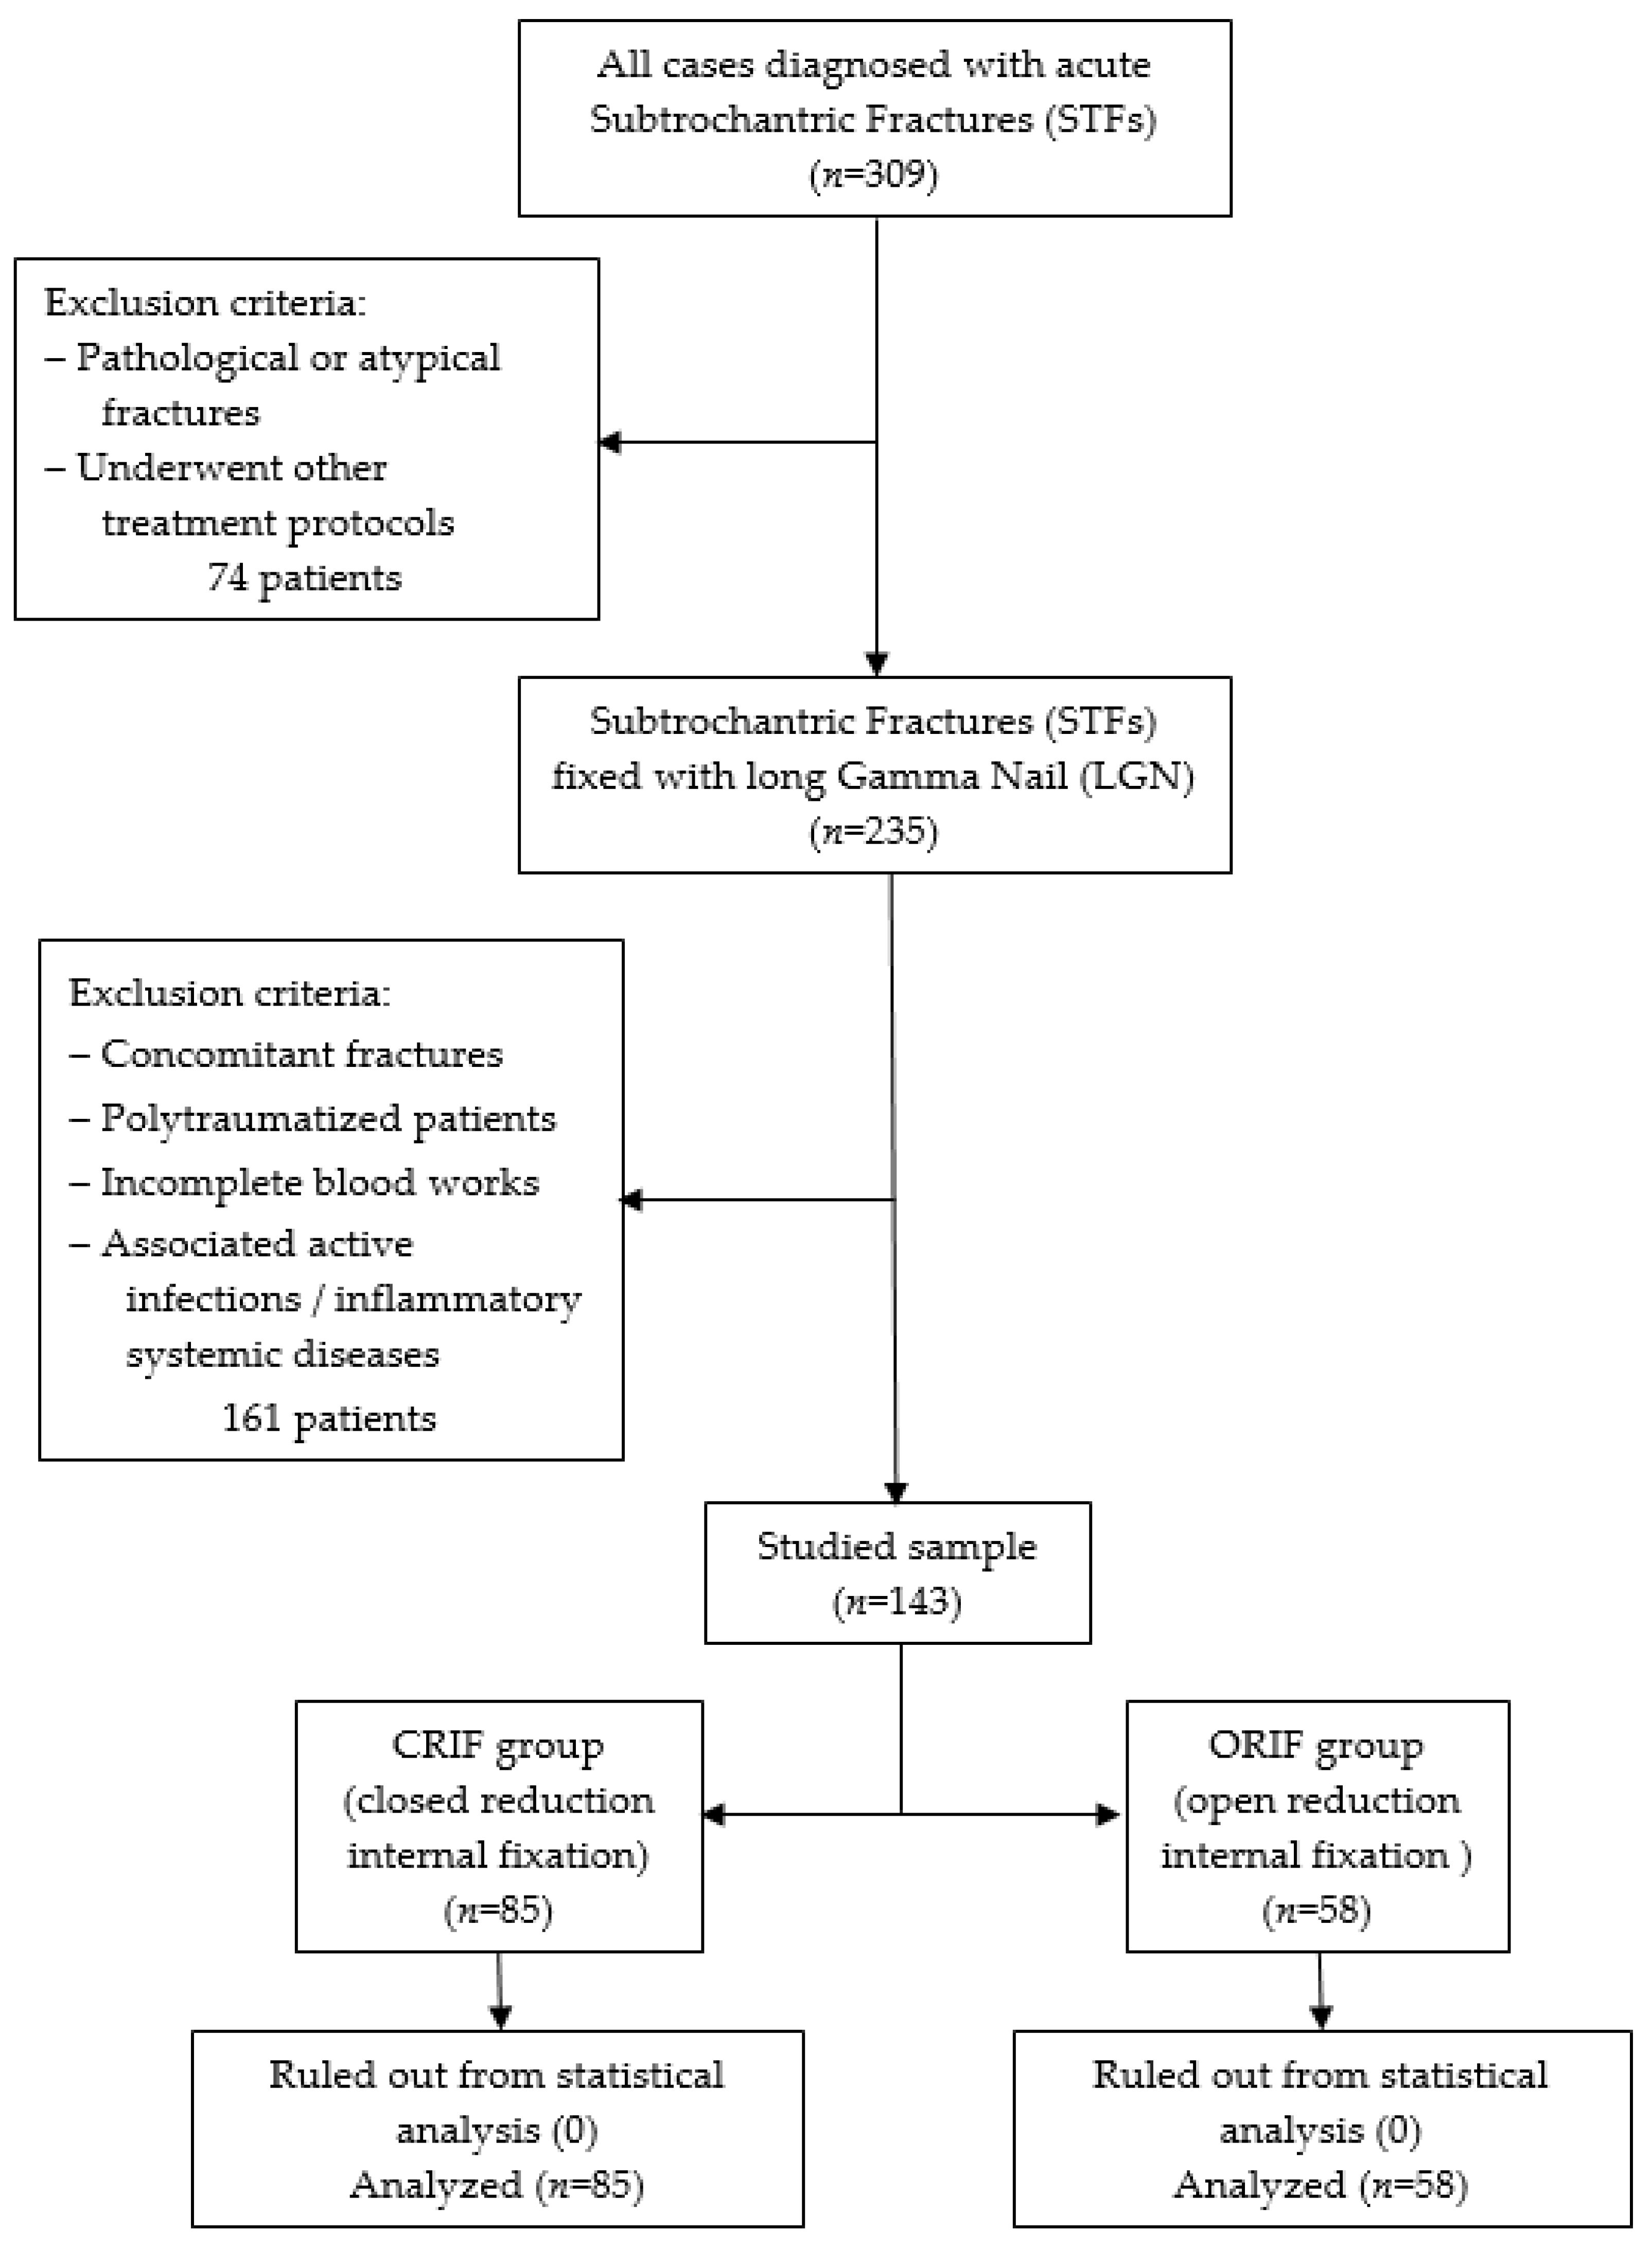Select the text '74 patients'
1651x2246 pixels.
pyautogui.click(x=305, y=578)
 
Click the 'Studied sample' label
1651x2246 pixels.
pyautogui.click(x=897, y=1546)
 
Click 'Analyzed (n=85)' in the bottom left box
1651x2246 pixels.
pyautogui.click(x=497, y=2185)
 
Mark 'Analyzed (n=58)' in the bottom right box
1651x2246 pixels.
pyautogui.click(x=1320, y=2185)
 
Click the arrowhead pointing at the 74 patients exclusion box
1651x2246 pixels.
pyautogui.click(x=610, y=442)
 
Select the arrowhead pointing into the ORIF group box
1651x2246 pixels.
pyautogui.click(x=1108, y=1814)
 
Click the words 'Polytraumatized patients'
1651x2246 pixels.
pyautogui.click(x=328, y=1118)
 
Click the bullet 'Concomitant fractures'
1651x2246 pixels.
pyautogui.click(x=301, y=1055)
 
